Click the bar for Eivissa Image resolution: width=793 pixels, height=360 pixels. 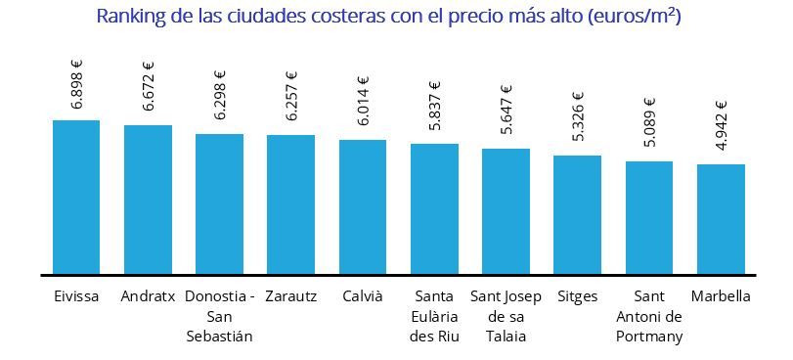[76, 197]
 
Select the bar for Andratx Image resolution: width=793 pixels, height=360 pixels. [148, 200]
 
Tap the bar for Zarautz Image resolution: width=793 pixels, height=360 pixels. [290, 204]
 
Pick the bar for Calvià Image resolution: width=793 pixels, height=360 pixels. [363, 206]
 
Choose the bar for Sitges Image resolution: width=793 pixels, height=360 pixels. [577, 214]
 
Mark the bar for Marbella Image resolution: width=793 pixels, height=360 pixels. [721, 219]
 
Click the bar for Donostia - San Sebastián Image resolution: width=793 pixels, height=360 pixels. [219, 203]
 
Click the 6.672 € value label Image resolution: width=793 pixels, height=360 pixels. [149, 87]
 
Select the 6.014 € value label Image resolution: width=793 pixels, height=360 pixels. [363, 102]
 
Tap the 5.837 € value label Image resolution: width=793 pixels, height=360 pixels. [434, 106]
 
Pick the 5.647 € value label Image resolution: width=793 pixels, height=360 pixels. [507, 112]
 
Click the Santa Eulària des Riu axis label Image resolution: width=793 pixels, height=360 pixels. [434, 316]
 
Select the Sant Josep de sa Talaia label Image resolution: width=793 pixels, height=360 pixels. [506, 316]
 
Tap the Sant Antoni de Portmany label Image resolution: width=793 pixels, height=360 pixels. [649, 316]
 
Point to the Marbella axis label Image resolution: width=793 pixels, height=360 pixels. [721, 296]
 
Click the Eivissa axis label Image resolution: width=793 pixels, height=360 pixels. [76, 296]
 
